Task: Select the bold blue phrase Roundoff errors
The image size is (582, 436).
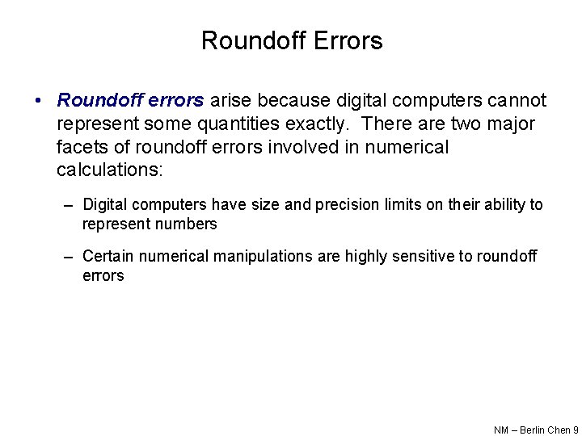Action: click(x=130, y=101)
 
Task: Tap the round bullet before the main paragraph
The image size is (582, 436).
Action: click(x=37, y=102)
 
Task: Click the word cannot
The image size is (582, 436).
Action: click(x=516, y=101)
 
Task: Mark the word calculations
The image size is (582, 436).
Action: click(x=109, y=171)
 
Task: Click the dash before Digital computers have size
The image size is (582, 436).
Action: click(x=71, y=205)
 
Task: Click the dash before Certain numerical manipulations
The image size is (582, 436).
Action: click(x=71, y=257)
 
